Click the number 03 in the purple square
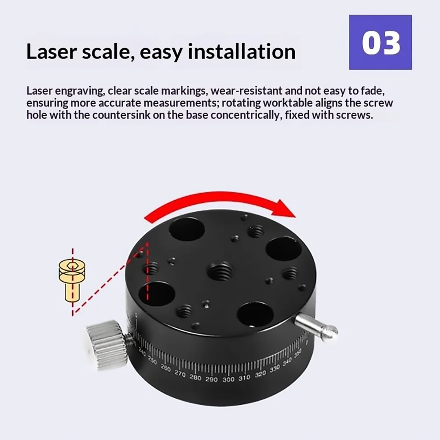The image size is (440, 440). [x=381, y=43]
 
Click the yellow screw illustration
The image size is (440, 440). [x=72, y=281]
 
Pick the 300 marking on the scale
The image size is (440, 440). [x=228, y=379]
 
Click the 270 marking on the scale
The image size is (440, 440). [x=180, y=374]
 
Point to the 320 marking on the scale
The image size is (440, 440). [x=260, y=374]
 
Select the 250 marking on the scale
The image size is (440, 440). [x=152, y=361]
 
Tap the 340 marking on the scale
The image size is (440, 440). [x=287, y=363]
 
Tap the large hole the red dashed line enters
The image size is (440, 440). [x=157, y=294]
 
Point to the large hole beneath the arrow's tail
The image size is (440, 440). [x=187, y=230]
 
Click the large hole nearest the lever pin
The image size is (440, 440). [x=255, y=315]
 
